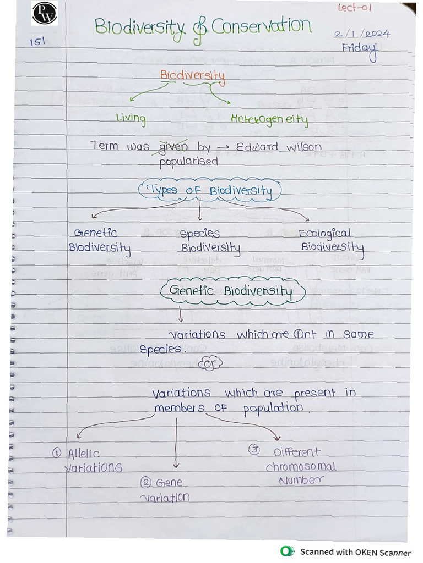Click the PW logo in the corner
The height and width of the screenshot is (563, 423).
45,14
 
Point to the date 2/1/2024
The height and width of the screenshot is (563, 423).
362,34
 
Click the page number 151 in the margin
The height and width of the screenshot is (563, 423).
37,42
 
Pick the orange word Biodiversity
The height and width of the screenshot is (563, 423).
192,75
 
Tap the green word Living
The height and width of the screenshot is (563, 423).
131,118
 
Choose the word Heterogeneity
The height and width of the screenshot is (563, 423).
269,119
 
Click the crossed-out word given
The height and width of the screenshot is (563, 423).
173,147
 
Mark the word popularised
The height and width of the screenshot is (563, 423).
188,162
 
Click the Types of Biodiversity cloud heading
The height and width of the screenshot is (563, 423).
209,191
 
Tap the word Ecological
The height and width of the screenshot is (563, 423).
324,233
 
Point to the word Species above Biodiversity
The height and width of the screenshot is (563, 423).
199,234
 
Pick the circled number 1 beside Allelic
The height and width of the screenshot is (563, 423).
57,453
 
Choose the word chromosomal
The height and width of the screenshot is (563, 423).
301,467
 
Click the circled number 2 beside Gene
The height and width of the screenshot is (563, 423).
146,483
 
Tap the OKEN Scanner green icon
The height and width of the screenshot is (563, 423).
286,551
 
